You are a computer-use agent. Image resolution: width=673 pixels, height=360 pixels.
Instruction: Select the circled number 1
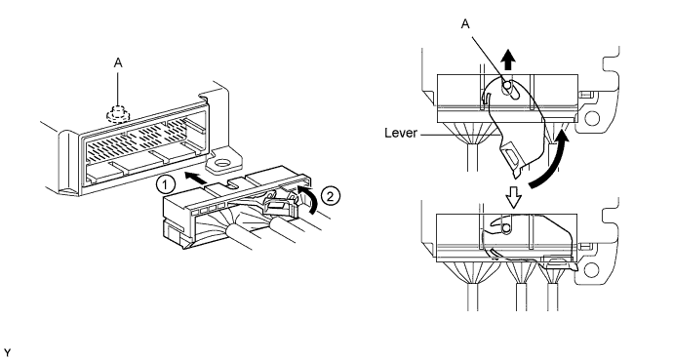click(169, 180)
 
